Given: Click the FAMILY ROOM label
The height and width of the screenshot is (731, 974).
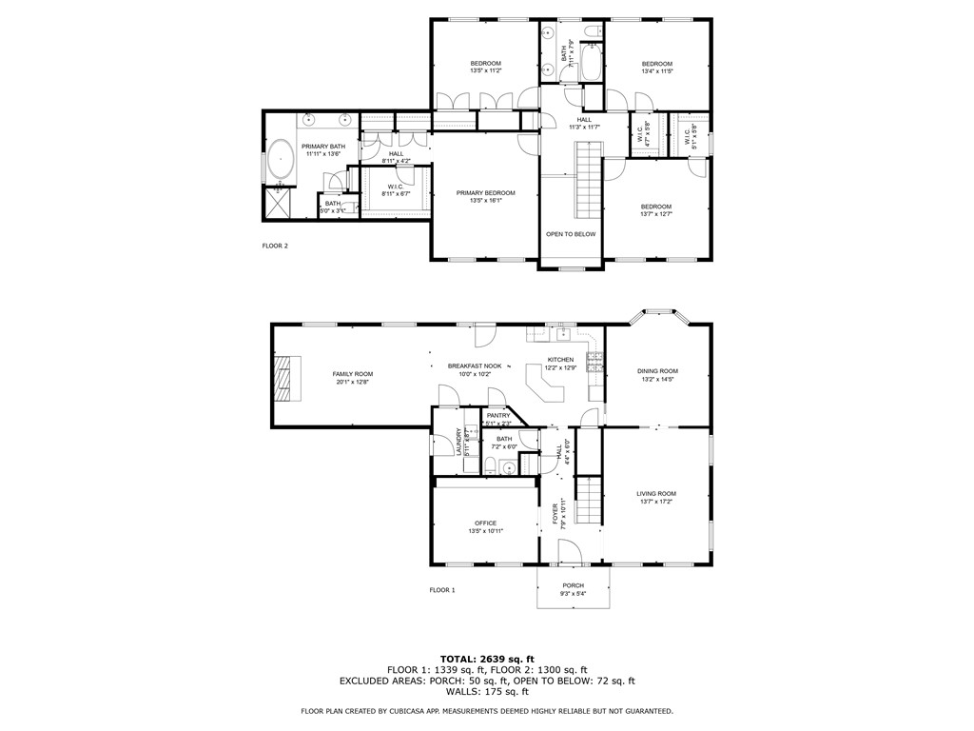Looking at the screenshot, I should click(352, 374).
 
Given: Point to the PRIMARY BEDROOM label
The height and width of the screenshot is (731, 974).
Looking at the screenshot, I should click(485, 193).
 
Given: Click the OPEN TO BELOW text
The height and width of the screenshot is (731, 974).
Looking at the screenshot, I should click(571, 234).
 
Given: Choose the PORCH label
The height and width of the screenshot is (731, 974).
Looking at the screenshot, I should click(573, 585).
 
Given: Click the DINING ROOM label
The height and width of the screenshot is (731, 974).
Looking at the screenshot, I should click(657, 371).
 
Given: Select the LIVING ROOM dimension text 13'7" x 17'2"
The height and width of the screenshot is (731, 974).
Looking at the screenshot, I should click(657, 502).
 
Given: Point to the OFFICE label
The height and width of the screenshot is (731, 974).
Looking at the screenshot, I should click(486, 523).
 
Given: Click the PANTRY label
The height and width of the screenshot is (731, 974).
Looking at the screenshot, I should click(498, 415).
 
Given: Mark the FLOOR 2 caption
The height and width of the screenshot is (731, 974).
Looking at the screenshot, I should click(275, 246).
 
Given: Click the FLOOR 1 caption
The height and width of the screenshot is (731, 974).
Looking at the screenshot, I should click(442, 590).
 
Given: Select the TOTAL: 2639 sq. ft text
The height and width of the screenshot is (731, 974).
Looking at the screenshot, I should click(487, 659).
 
